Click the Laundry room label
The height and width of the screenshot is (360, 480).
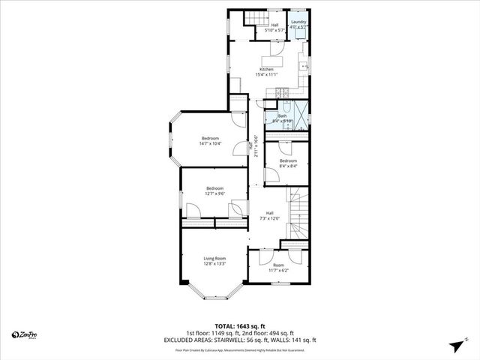tap(298, 22)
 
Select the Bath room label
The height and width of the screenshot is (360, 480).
tap(283, 115)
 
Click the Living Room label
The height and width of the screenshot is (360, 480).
tap(214, 258)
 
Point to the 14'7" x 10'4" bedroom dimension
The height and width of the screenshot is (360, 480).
tap(210, 143)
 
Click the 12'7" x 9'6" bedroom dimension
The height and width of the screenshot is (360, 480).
tap(215, 193)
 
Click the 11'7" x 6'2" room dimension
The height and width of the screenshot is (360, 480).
tap(278, 269)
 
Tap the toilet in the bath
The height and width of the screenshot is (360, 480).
tap(271, 118)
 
